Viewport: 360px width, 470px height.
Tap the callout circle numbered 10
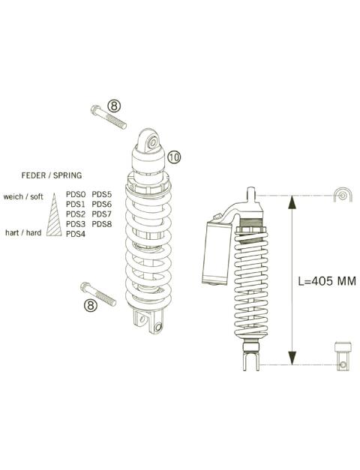173,157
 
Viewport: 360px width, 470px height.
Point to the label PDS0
76,194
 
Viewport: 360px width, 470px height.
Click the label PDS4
76,234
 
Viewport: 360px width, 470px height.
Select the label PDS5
101,194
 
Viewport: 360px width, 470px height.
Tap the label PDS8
101,224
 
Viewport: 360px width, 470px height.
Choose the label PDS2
76,214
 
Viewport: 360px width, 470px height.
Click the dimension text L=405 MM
326,281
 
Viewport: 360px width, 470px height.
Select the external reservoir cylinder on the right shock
217,253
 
